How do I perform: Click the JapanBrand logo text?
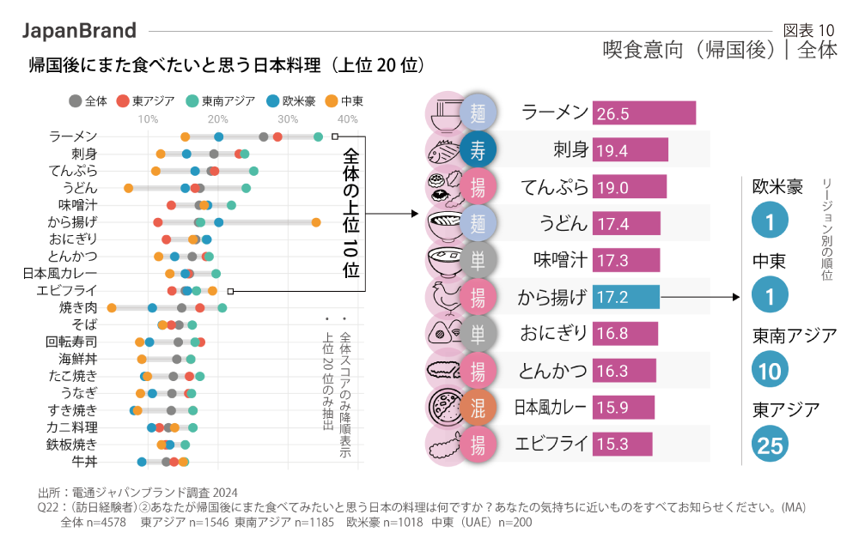click(79, 31)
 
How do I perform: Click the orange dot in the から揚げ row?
click(316, 222)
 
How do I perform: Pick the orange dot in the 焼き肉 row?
click(112, 307)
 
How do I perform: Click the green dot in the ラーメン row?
click(319, 136)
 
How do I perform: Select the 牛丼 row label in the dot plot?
click(84, 462)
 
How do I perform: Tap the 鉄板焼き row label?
click(72, 445)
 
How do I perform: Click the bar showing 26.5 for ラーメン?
click(643, 113)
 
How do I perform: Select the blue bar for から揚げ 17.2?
click(625, 298)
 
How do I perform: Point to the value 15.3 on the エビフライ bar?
click(612, 445)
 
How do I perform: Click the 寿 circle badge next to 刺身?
click(478, 150)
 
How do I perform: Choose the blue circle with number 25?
click(771, 445)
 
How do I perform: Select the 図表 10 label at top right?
click(809, 30)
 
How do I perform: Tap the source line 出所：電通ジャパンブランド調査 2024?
click(138, 493)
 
